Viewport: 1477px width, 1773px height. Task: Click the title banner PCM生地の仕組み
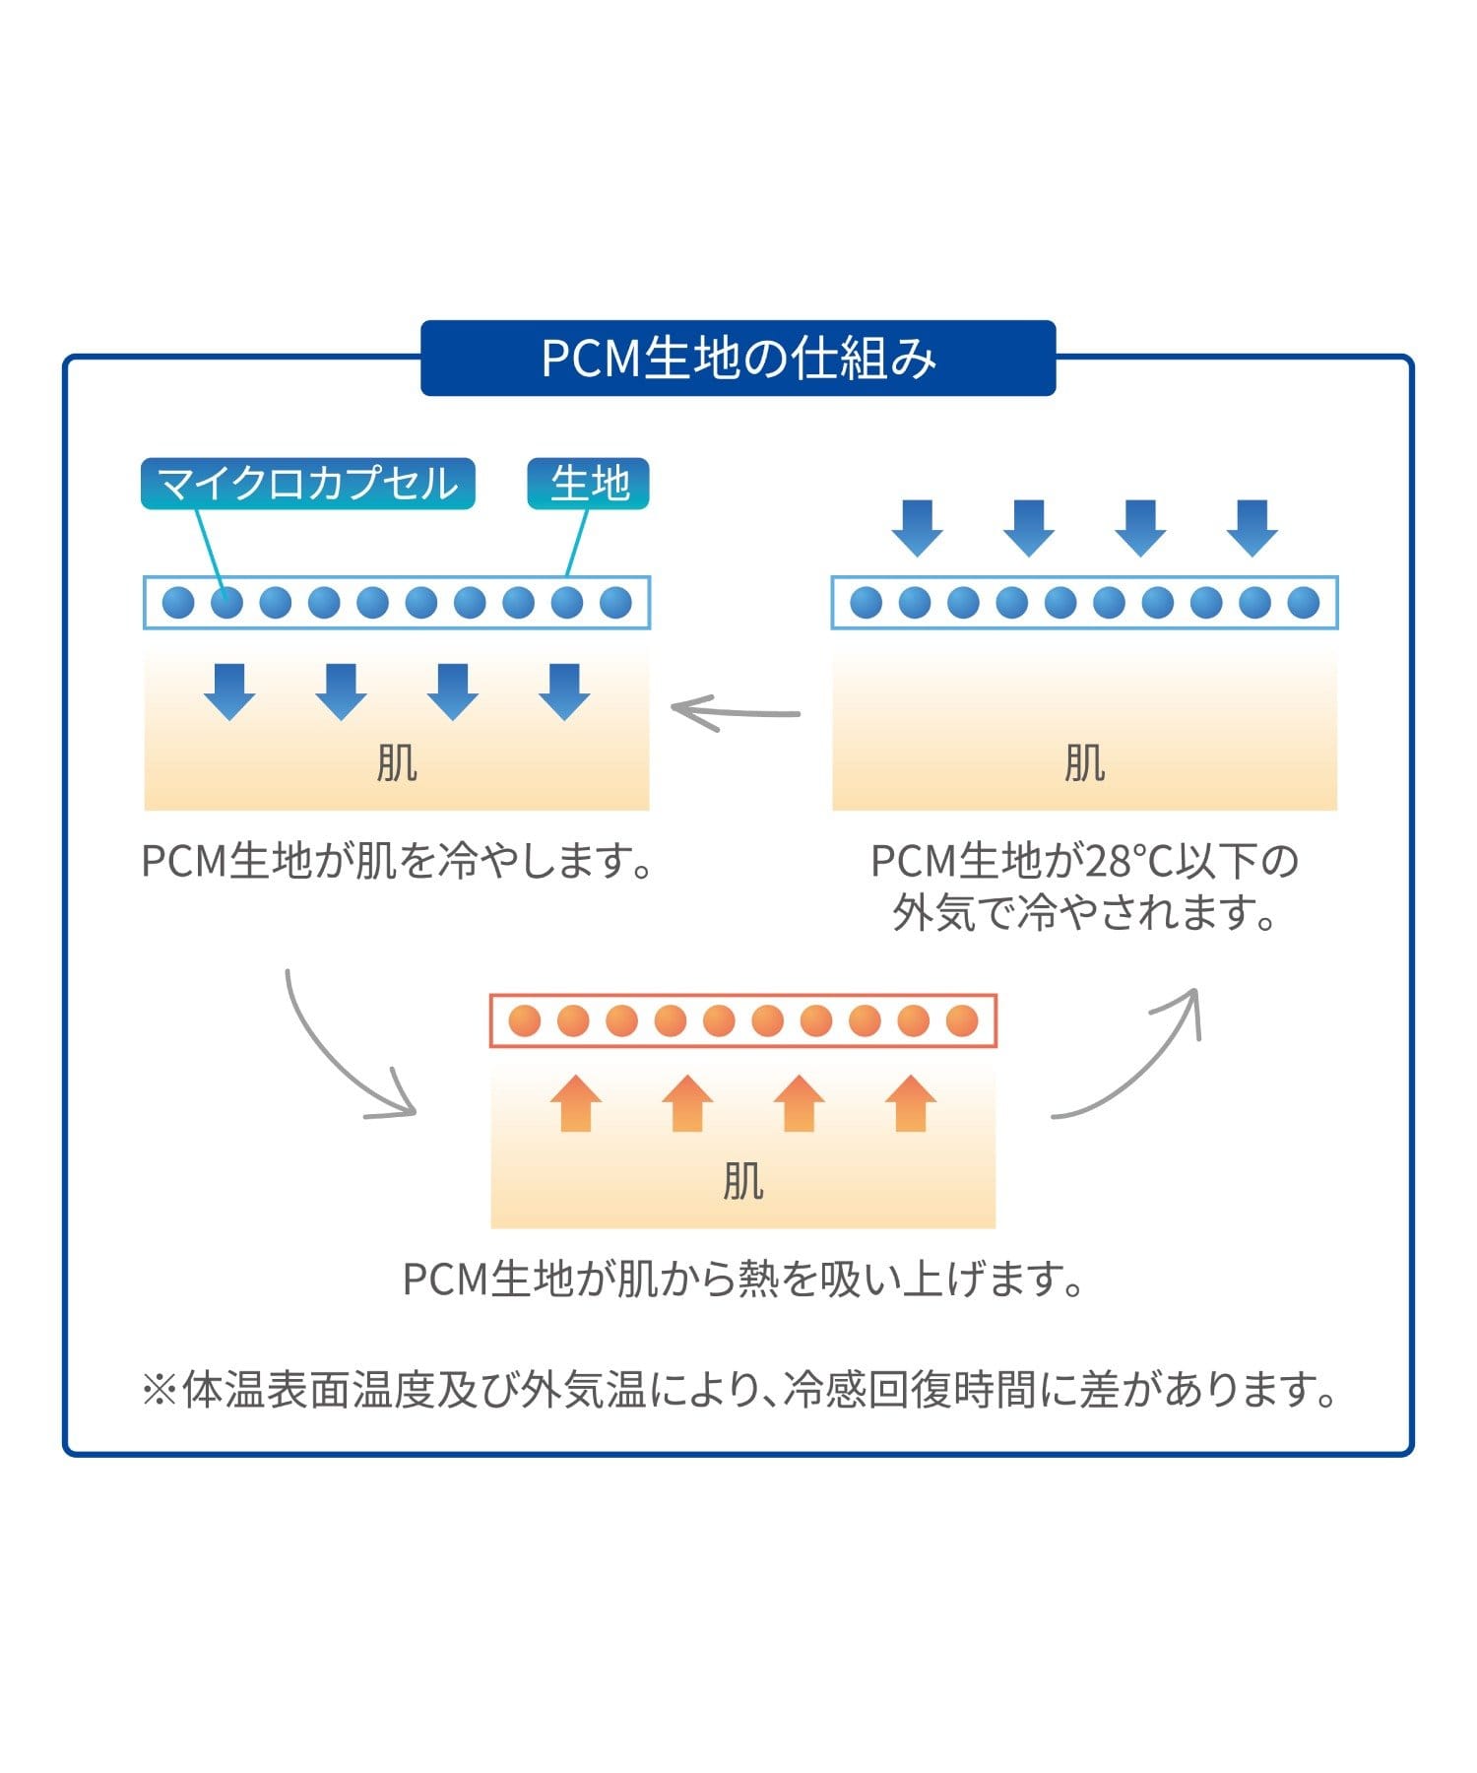(x=738, y=358)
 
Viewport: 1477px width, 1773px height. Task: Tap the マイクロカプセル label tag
(x=307, y=484)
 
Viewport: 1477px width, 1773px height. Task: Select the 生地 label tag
(x=589, y=484)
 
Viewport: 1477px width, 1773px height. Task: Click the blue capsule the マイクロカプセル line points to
(x=226, y=602)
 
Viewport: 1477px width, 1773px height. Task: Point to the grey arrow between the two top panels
(x=736, y=712)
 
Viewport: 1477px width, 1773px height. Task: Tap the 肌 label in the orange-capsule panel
(x=742, y=1180)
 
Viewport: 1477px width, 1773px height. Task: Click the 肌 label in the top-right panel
(x=1084, y=762)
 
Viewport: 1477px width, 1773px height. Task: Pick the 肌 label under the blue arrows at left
(x=396, y=762)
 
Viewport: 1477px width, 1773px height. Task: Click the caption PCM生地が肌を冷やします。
(x=397, y=861)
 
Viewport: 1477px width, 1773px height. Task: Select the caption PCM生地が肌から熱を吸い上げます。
(x=743, y=1280)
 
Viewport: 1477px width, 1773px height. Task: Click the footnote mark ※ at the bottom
(x=159, y=1391)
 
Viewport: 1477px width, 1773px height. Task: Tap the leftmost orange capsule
(x=525, y=1020)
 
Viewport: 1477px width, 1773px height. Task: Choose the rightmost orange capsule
(x=962, y=1020)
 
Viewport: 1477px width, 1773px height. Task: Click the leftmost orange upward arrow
(x=575, y=1103)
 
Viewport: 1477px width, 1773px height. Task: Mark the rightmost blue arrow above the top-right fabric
(x=1252, y=528)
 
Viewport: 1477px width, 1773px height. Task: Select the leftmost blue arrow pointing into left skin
(x=229, y=691)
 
